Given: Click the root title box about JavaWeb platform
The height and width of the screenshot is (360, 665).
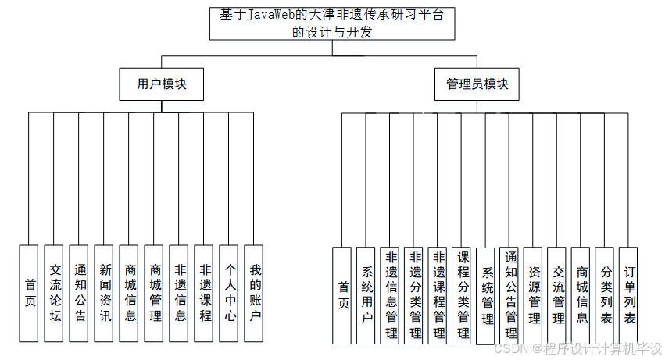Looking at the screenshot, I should pyautogui.click(x=332, y=23).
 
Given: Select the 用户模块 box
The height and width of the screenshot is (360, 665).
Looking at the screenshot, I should pyautogui.click(x=162, y=84).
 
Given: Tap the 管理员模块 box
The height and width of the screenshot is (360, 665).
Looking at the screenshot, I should pyautogui.click(x=477, y=84).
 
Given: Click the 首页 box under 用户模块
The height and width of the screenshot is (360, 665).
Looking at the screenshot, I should pyautogui.click(x=29, y=294).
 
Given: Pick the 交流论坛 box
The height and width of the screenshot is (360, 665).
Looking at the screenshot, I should pyautogui.click(x=54, y=294).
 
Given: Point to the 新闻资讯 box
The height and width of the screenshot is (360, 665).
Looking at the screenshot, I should pyautogui.click(x=105, y=294).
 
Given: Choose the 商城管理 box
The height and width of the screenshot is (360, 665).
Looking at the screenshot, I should pyautogui.click(x=155, y=294).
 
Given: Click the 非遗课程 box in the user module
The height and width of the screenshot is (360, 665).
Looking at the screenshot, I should pyautogui.click(x=205, y=294).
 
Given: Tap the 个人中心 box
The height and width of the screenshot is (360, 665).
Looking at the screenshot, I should pyautogui.click(x=230, y=294).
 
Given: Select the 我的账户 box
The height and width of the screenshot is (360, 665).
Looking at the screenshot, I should pyautogui.click(x=255, y=294).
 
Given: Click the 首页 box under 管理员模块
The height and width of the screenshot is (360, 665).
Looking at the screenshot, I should pyautogui.click(x=342, y=295).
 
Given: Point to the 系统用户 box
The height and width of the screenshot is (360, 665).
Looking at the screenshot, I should pyautogui.click(x=366, y=295).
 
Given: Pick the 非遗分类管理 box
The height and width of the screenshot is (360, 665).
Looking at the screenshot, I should pyautogui.click(x=415, y=295).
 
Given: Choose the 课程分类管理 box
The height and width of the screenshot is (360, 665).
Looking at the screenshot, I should pyautogui.click(x=463, y=295).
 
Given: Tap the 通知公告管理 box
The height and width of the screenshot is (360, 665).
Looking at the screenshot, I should pyautogui.click(x=509, y=295).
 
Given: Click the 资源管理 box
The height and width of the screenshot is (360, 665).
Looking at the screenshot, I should pyautogui.click(x=534, y=295).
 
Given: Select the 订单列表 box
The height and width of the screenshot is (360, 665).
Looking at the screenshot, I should pyautogui.click(x=629, y=295).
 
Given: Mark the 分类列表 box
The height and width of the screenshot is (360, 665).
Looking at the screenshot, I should pyautogui.click(x=606, y=295).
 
